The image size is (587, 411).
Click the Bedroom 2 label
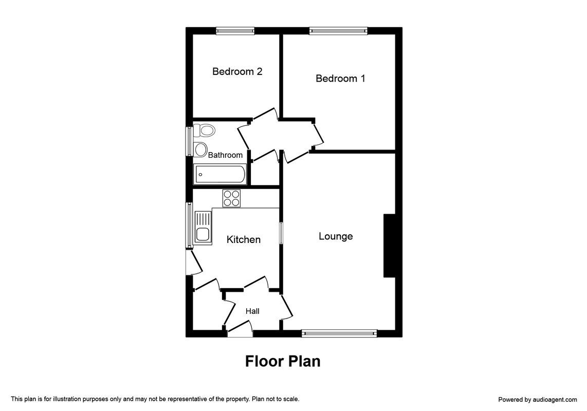(x=237, y=71)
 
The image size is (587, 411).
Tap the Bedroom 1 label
(x=340, y=78)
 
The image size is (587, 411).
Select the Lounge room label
(x=336, y=236)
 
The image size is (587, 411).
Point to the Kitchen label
(x=243, y=239)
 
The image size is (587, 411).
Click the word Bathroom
(x=225, y=155)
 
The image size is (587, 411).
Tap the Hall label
(x=252, y=311)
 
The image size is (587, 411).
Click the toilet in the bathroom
(x=204, y=130)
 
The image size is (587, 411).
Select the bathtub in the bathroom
(x=220, y=175)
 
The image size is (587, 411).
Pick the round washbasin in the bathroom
(x=200, y=150)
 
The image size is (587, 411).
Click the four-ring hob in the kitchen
(x=232, y=198)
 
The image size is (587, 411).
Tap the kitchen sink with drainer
(x=203, y=228)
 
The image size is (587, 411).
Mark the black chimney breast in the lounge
(x=389, y=246)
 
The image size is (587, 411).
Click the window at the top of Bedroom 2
(x=235, y=31)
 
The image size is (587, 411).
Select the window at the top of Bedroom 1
(x=338, y=31)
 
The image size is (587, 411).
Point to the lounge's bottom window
(x=339, y=333)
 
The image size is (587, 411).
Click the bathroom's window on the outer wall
(x=190, y=141)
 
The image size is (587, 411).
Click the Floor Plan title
(x=283, y=361)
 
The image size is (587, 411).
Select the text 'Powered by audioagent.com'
(x=538, y=400)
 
